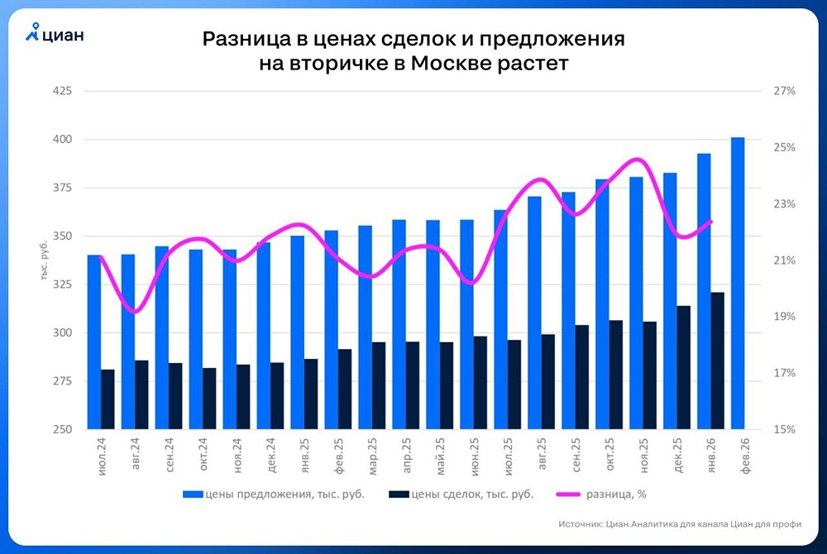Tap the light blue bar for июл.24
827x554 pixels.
(93, 342)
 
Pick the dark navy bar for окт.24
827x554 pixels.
(209, 399)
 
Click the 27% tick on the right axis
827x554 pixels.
(783, 91)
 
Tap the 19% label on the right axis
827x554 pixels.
(783, 317)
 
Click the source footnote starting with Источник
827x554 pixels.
(675, 524)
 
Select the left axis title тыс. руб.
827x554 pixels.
(45, 260)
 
